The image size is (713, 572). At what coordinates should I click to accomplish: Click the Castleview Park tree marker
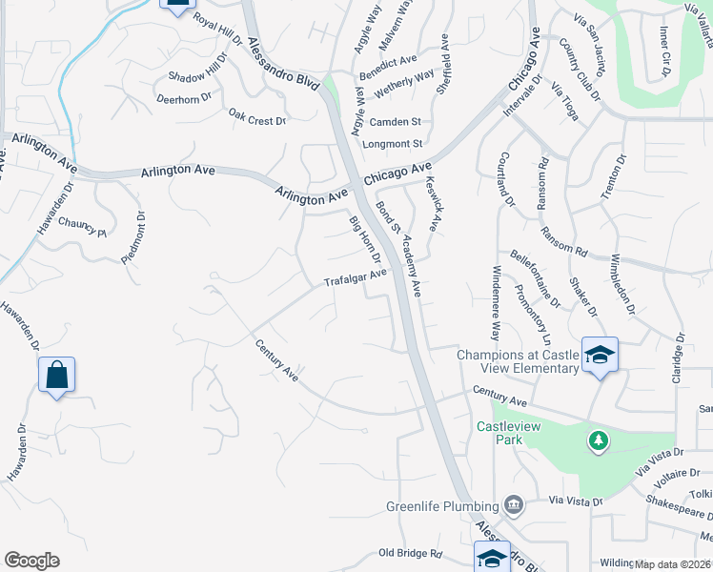point(598,441)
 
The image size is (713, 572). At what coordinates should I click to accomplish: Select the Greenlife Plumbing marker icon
point(513,504)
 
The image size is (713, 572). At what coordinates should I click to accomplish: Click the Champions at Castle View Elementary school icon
point(600,356)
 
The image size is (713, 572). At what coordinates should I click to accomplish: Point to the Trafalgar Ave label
point(356,277)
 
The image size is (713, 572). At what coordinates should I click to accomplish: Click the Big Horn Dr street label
point(365,241)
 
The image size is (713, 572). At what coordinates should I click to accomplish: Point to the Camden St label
point(396,122)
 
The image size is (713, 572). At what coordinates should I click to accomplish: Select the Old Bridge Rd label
point(411,553)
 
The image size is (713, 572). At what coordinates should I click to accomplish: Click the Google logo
point(31,561)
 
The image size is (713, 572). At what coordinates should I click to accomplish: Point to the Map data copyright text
point(673,564)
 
